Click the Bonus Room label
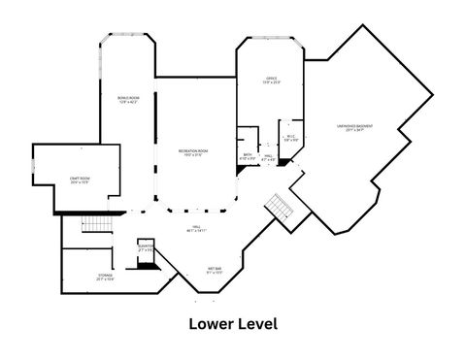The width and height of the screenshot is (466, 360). coord(127,99)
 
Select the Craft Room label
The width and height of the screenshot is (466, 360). coord(80,180)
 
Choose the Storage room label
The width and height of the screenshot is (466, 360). coord(105,277)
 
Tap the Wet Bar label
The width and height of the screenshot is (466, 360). coord(215,270)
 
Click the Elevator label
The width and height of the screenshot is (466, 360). coord(146,247)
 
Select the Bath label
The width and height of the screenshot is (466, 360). coord(249,155)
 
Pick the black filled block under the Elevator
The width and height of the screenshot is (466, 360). coord(149,263)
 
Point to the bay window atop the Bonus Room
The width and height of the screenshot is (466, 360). coord(127,37)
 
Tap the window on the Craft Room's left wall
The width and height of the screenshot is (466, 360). coord(34,166)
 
